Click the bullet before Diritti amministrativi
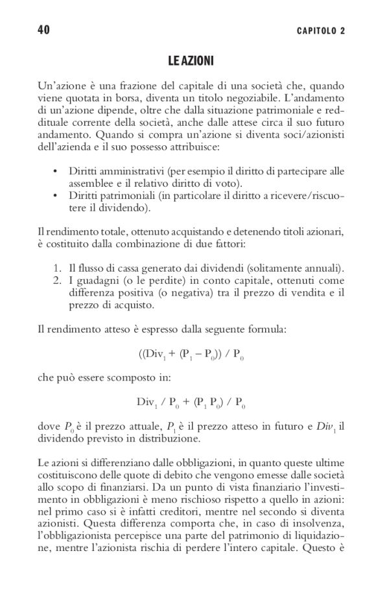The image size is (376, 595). tap(55, 172)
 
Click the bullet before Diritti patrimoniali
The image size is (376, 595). tap(55, 196)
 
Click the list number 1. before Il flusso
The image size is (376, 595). tap(55, 269)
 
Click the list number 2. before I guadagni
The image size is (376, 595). tap(55, 281)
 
